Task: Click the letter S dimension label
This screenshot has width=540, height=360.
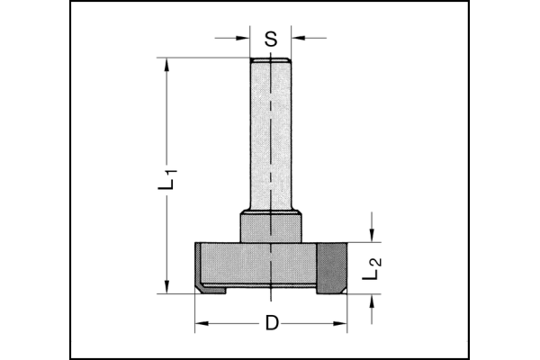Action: [271, 39]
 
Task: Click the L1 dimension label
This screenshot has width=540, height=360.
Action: [167, 179]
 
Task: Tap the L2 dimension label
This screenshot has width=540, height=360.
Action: [372, 268]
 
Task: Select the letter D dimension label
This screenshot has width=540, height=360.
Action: [272, 323]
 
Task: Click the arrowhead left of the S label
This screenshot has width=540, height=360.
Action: [243, 38]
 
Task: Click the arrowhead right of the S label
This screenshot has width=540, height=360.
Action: [298, 38]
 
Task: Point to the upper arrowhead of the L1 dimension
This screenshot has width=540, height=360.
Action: [167, 65]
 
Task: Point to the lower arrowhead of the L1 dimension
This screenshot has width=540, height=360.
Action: [167, 286]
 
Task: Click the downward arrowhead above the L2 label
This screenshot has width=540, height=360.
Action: [371, 235]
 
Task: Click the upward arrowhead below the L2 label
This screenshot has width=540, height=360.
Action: [371, 301]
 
